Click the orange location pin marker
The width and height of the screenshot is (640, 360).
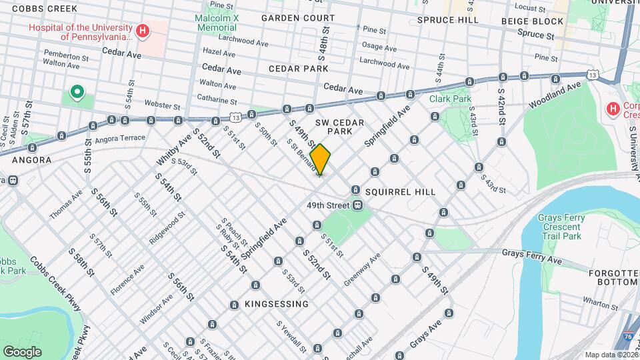click(x=320, y=159)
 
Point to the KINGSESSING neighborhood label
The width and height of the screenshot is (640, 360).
click(x=277, y=304)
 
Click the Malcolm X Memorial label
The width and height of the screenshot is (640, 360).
click(x=215, y=23)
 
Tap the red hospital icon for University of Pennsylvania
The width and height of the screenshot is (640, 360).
click(x=141, y=31)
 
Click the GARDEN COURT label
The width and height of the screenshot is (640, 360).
click(x=298, y=17)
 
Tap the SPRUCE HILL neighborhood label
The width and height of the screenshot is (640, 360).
click(x=448, y=20)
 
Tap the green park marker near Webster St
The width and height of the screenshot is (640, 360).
click(x=77, y=92)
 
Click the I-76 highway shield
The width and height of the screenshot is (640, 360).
click(x=629, y=338)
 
